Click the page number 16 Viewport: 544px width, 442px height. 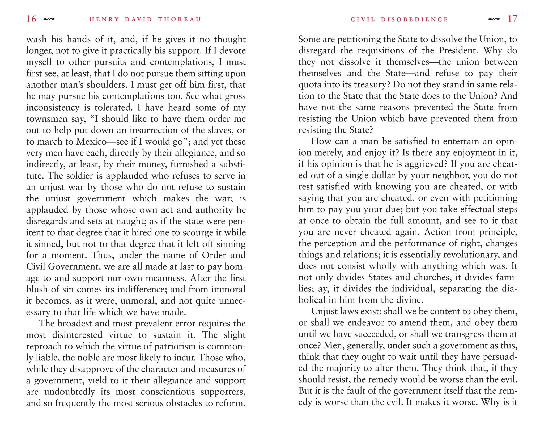[31, 19]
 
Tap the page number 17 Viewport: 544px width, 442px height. [512, 19]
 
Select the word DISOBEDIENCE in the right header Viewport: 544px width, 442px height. [414, 19]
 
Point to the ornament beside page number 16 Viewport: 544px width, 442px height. [49, 19]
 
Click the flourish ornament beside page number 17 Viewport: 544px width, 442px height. [494, 19]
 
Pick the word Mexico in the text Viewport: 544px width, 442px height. [91, 142]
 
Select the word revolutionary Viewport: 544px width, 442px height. [471, 255]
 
